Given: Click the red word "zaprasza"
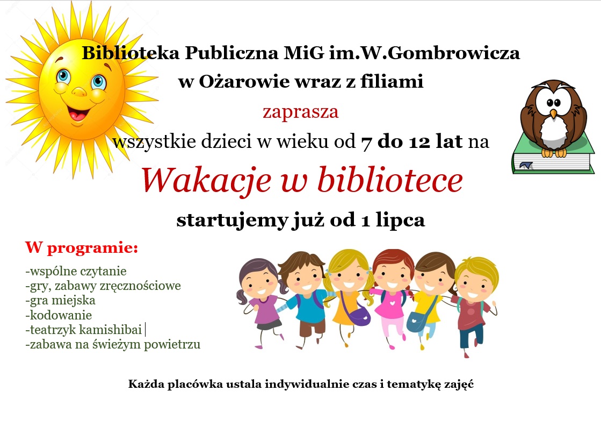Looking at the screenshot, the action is [301, 112].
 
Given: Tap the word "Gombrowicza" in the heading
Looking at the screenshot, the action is [454, 53].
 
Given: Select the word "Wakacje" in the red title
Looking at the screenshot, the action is [206, 180].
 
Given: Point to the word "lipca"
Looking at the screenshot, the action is [400, 221].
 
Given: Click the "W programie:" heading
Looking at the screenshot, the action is [82, 248].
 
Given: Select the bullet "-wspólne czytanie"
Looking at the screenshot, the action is [76, 271].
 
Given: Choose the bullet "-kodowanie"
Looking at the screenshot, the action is [59, 315].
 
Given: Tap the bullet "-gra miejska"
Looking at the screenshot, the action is [60, 301].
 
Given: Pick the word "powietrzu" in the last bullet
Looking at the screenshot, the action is [172, 344].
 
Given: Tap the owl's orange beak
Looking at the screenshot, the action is [553, 113].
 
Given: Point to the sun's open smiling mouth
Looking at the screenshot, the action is [78, 113].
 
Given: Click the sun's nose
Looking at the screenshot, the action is [79, 92].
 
